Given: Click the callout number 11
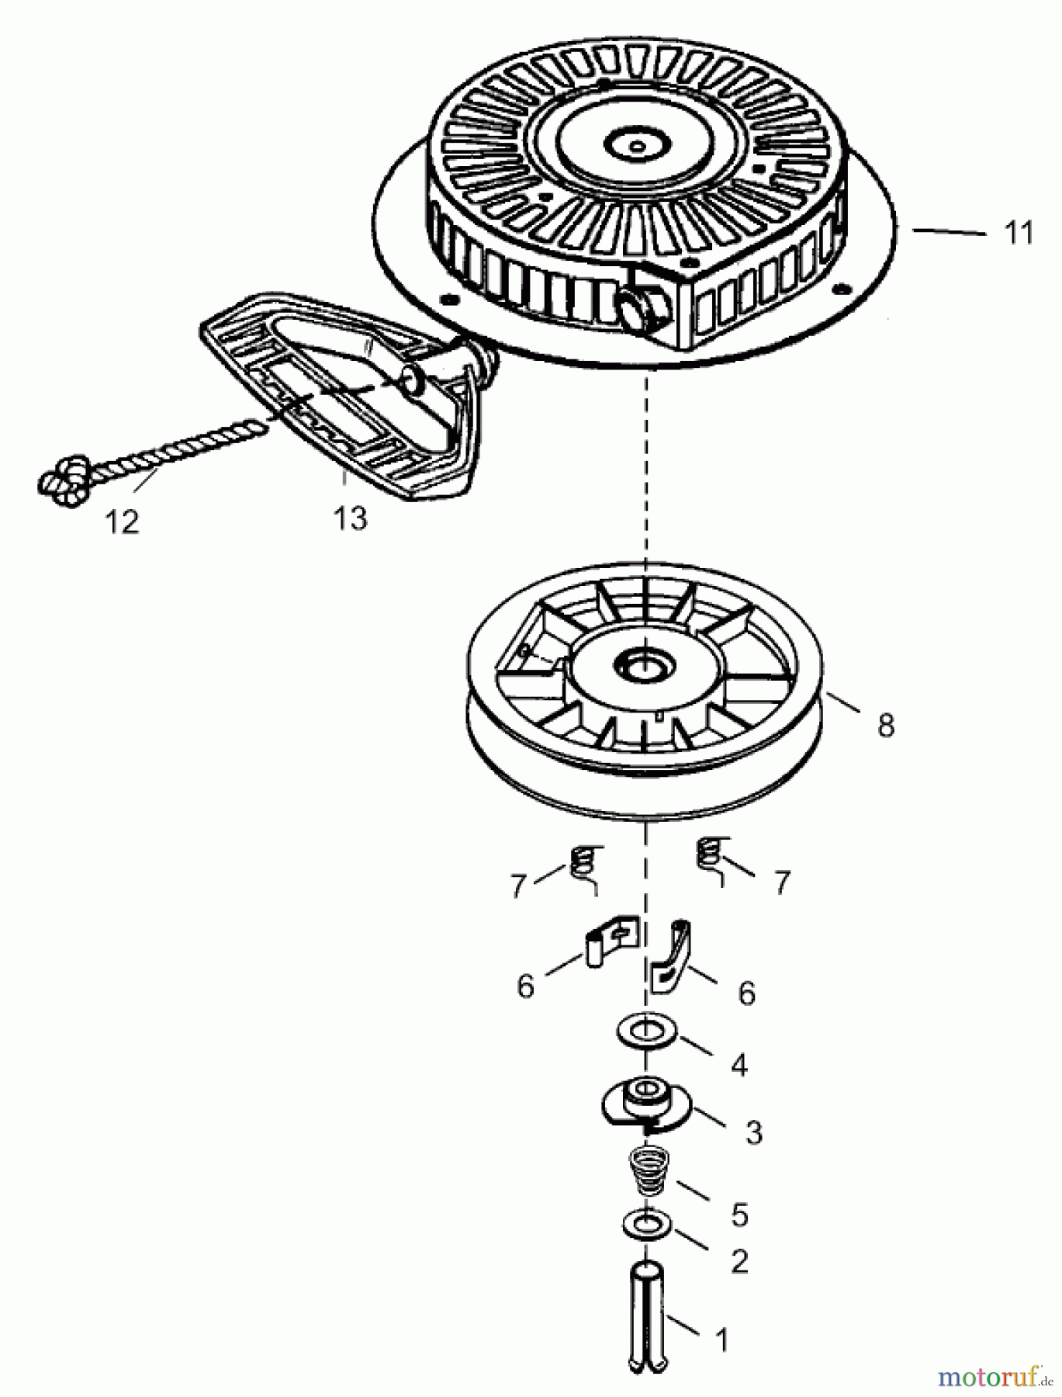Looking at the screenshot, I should click(1018, 232).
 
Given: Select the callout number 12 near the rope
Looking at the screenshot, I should click(123, 522).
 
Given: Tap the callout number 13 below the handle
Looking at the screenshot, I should click(350, 518).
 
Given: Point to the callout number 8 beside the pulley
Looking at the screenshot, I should click(885, 726).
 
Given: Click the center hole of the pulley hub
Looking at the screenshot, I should click(643, 664).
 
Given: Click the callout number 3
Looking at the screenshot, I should click(753, 1132).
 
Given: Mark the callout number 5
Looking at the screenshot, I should click(739, 1215).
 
